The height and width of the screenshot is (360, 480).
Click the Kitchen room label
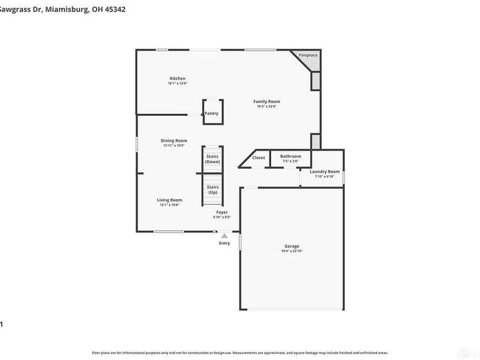[x=177, y=79]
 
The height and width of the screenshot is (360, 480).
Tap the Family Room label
[x=266, y=101]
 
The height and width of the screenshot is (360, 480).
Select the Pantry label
[x=211, y=113]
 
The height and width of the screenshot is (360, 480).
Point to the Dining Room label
[x=173, y=140]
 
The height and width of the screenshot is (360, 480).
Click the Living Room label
[x=170, y=200]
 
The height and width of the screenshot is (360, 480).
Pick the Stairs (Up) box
[x=212, y=190]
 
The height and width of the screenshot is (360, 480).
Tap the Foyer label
[x=222, y=212]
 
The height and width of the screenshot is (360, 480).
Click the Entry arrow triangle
[x=224, y=236]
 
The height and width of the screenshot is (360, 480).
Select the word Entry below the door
[x=224, y=243]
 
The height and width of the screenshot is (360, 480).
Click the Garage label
[x=292, y=246]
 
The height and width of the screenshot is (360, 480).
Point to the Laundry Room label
[x=325, y=172]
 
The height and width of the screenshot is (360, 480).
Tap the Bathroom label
[x=290, y=157]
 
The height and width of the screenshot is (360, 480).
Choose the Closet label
[x=259, y=158]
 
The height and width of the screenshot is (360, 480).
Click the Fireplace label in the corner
[x=308, y=55]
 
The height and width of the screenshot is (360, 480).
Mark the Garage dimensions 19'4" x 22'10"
[x=292, y=251]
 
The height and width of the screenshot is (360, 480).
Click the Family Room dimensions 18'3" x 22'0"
[x=266, y=106]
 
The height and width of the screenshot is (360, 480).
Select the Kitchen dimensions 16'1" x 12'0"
[x=177, y=83]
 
